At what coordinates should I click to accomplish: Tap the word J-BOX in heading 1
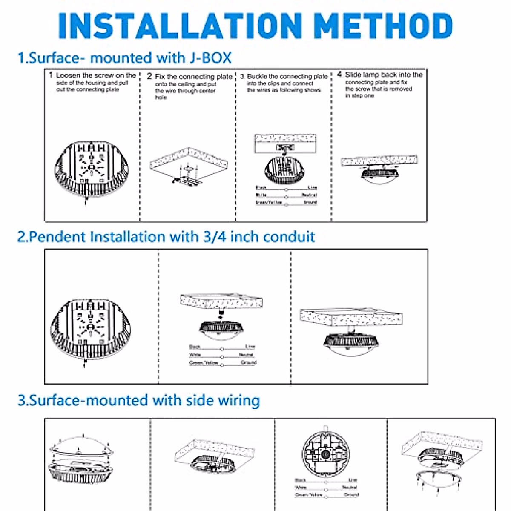click(x=210, y=57)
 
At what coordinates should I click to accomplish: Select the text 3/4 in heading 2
click(x=214, y=236)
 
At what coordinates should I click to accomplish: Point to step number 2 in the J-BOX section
click(x=149, y=76)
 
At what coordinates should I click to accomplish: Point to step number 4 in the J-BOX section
click(x=339, y=75)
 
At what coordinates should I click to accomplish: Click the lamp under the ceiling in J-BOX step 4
click(x=380, y=174)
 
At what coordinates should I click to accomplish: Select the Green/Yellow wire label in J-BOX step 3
click(x=268, y=203)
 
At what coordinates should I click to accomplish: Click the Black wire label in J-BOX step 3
click(x=261, y=188)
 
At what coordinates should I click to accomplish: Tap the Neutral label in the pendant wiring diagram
click(x=246, y=355)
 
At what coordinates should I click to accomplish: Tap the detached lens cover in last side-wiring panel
click(x=439, y=476)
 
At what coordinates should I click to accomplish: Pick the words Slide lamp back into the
click(x=383, y=75)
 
